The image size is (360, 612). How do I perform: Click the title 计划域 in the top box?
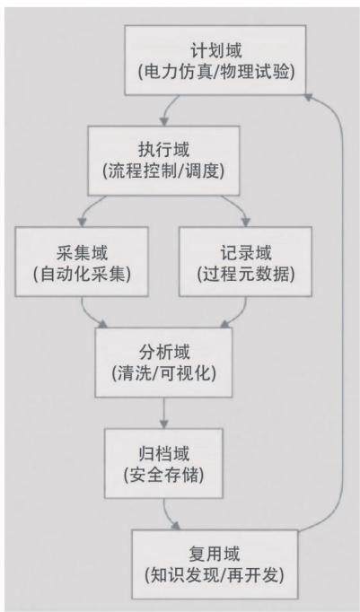(x=215, y=51)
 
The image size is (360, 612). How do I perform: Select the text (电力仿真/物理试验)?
(x=215, y=73)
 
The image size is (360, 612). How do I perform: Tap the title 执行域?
(x=163, y=150)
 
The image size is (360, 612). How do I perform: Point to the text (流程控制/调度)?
(x=163, y=171)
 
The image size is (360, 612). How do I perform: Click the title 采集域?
(x=82, y=253)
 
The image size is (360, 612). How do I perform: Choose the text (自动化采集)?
(x=82, y=275)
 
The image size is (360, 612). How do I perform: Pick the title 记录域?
(x=246, y=253)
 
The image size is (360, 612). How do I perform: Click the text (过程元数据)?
(x=246, y=275)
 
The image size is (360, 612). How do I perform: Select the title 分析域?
(x=164, y=353)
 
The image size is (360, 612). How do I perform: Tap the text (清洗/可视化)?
(x=164, y=374)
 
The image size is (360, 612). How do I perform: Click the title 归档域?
(x=164, y=454)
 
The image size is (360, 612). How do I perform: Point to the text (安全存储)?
(x=164, y=476)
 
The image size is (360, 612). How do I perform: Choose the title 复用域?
(x=215, y=555)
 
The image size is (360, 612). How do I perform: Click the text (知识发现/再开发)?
(x=215, y=576)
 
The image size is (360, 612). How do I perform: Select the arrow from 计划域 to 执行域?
(x=166, y=109)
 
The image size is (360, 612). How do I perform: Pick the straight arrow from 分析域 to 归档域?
(x=164, y=413)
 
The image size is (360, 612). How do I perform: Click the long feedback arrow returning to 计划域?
(x=343, y=312)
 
